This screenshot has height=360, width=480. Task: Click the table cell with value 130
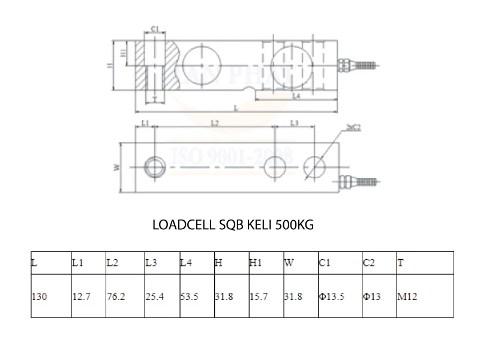coord(40,296)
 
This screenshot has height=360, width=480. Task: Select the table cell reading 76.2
coord(116,296)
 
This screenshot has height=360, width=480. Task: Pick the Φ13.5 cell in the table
coord(332,296)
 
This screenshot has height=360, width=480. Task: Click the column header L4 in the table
coord(187,262)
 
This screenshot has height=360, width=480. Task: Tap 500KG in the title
coord(294,226)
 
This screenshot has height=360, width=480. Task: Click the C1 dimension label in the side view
coord(154,29)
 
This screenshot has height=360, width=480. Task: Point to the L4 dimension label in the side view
coord(296,96)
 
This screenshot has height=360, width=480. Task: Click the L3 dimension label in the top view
coord(294,123)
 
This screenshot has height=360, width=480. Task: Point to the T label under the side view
coord(154,98)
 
